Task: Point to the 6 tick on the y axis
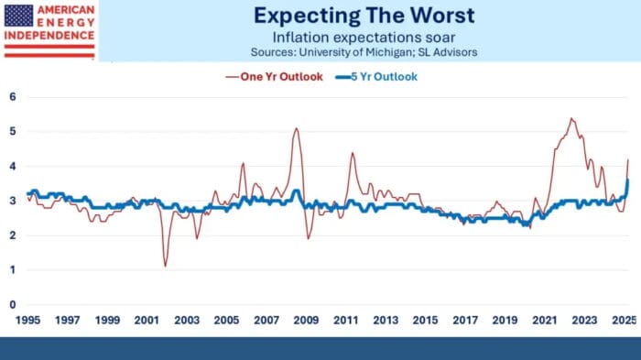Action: click(x=12, y=95)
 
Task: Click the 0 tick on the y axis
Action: click(x=12, y=304)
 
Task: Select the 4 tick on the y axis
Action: click(x=12, y=165)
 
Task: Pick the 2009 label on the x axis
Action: click(x=308, y=322)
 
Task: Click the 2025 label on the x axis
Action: click(x=623, y=322)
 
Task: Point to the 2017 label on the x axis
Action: click(x=466, y=322)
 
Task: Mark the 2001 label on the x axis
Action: click(x=148, y=322)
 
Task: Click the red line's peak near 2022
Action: click(x=571, y=118)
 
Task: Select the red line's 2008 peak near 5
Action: click(x=297, y=128)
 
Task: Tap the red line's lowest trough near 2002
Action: click(x=165, y=266)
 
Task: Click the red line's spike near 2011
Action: click(x=353, y=153)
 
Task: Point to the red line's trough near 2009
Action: click(x=309, y=238)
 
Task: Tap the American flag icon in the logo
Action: click(x=19, y=14)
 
